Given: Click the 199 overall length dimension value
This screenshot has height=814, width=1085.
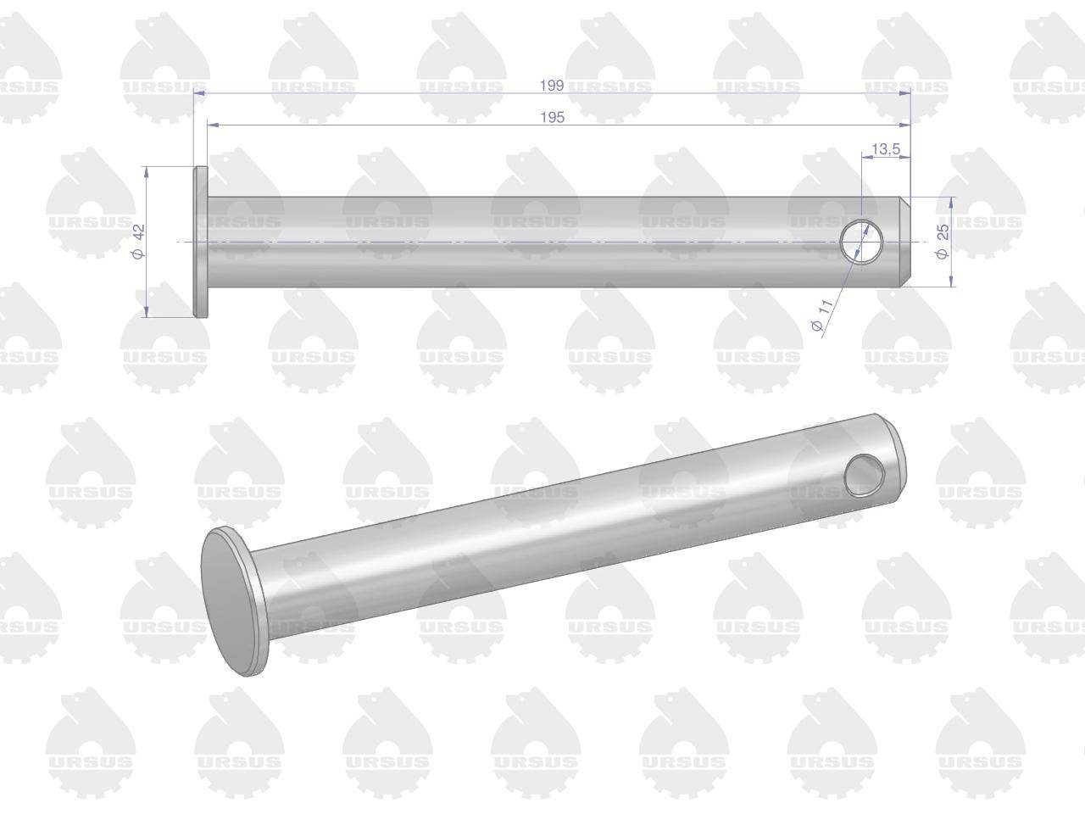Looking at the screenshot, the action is pos(552,86).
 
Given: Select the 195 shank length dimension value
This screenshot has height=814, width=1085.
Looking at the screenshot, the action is pos(552,118).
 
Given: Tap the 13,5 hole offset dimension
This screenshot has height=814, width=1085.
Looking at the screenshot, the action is pos(887,148).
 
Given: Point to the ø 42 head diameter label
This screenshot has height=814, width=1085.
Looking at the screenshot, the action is pos(139,241).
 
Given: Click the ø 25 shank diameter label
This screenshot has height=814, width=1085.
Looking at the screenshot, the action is pos(942,241).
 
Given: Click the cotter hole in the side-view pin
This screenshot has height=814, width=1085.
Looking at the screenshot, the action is pos(862,242).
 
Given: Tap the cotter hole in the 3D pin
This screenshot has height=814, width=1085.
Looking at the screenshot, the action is pos(864,476).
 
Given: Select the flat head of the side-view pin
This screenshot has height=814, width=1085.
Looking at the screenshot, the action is pos(201,242).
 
